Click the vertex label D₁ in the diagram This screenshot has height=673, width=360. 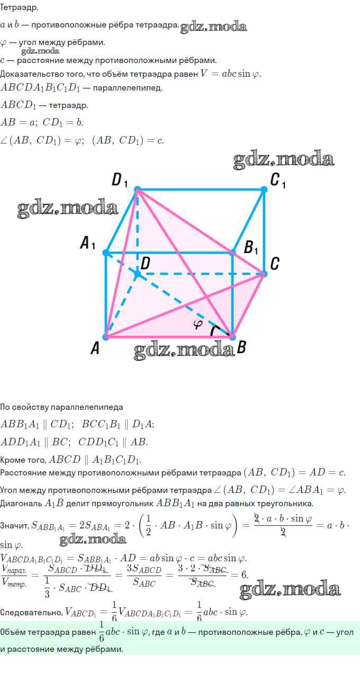(x=120, y=181)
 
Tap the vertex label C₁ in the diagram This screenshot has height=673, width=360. (x=278, y=181)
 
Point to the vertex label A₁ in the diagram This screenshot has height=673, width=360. (x=87, y=243)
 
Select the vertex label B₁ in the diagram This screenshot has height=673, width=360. (x=251, y=248)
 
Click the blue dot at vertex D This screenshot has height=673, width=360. (x=137, y=274)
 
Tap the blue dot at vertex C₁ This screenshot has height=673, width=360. (x=264, y=189)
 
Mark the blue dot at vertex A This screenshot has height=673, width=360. (x=106, y=337)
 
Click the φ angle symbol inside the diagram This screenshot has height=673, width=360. (x=197, y=324)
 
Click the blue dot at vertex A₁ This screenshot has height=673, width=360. (x=106, y=253)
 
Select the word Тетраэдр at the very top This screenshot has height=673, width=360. (x=19, y=8)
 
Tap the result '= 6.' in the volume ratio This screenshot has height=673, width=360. (x=239, y=575)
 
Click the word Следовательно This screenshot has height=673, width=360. (x=31, y=612)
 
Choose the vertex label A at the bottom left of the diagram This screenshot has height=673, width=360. (x=95, y=348)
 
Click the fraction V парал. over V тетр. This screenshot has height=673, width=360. (x=14, y=576)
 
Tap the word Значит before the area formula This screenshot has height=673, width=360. (x=14, y=525)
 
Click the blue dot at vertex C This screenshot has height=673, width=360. (x=264, y=274)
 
